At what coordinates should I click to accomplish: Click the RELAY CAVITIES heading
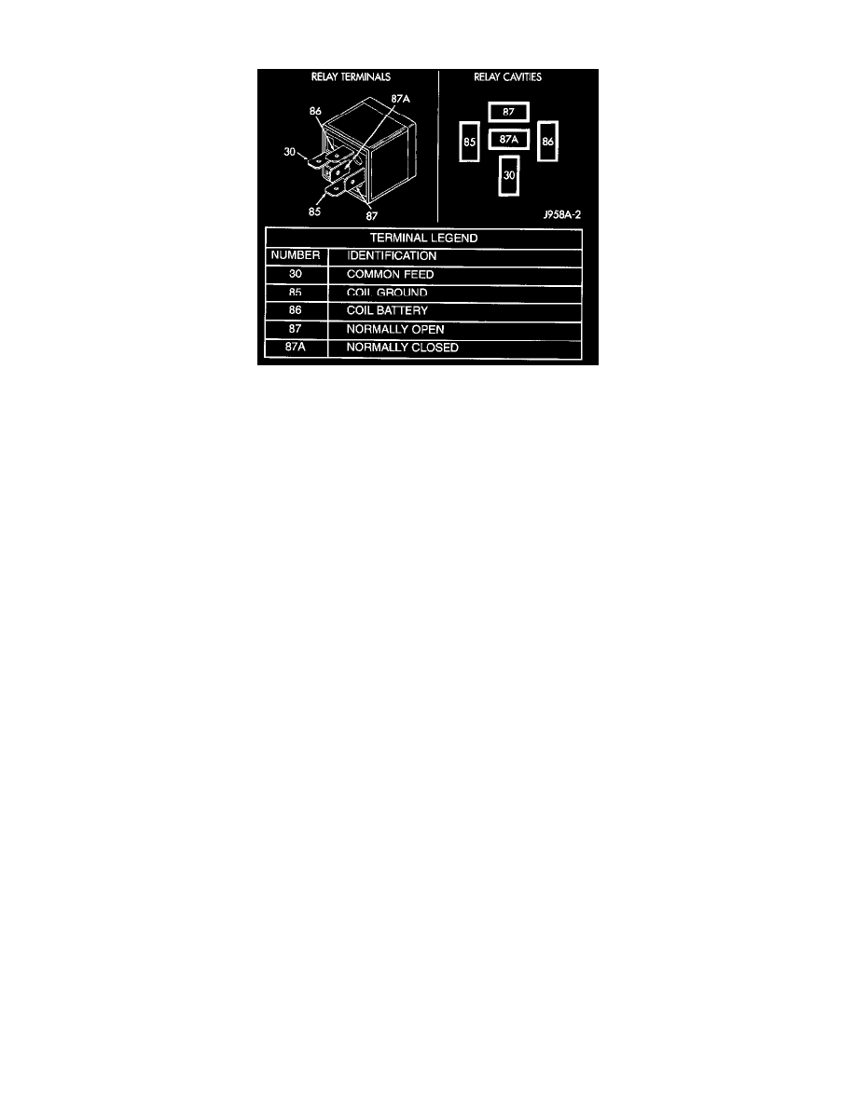(508, 77)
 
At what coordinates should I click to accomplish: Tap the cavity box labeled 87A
(508, 140)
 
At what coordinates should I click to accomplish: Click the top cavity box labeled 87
(508, 112)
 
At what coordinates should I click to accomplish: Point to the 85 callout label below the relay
(314, 212)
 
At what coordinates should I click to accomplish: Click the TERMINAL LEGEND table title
(424, 238)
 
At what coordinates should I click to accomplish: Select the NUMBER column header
(297, 255)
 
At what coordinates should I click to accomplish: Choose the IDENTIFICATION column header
(391, 255)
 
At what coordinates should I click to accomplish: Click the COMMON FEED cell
(390, 275)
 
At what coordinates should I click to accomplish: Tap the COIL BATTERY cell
(387, 311)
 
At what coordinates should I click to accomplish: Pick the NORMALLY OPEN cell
(389, 330)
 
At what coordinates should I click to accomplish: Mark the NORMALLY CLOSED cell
(402, 348)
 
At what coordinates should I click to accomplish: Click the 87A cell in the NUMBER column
(297, 348)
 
